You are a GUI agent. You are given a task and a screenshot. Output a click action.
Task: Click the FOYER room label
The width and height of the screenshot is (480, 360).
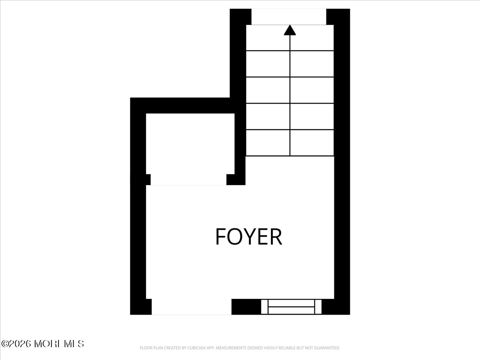click(x=248, y=236)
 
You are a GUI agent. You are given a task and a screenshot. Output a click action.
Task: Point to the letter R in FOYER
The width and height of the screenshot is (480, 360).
click(x=276, y=236)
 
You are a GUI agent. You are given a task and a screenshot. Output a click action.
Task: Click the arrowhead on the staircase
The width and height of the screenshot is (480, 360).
click(x=290, y=30)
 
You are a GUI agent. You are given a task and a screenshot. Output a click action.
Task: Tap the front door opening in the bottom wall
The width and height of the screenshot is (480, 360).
click(x=191, y=307)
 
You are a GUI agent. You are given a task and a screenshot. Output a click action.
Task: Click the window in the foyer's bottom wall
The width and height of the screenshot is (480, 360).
click(x=291, y=307)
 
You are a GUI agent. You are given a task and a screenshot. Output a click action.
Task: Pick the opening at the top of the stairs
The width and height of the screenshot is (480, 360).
click(x=289, y=16)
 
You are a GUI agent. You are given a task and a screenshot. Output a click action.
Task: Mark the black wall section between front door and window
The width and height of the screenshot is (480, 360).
click(x=246, y=307)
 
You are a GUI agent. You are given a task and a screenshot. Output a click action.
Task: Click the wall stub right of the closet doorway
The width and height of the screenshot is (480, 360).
click(x=236, y=180)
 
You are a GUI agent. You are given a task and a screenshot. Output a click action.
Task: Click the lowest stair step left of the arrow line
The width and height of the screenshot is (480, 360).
click(x=268, y=143)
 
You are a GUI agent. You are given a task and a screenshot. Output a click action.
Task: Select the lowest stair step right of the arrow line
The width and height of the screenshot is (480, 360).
click(x=312, y=143)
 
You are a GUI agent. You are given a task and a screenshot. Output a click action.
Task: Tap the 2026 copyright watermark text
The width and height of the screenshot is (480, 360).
click(x=42, y=344)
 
